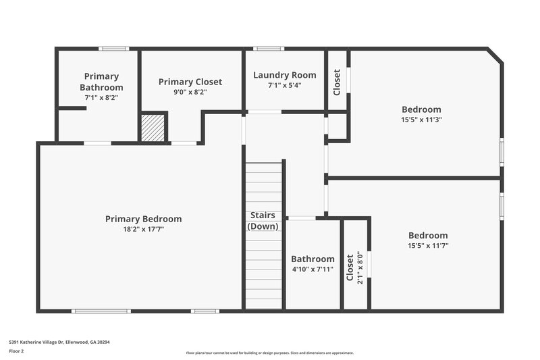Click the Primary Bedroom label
click(x=143, y=219)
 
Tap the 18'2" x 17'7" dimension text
click(x=143, y=229)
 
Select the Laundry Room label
click(x=284, y=75)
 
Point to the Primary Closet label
click(x=190, y=82)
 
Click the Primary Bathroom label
click(x=101, y=82)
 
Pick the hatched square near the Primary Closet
click(x=153, y=127)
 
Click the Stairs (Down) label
click(x=263, y=221)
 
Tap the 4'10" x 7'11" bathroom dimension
click(x=313, y=269)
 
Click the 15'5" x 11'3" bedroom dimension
click(x=421, y=120)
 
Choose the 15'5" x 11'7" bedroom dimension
click(x=428, y=246)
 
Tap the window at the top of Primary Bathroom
click(x=113, y=49)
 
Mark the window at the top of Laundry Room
click(x=269, y=49)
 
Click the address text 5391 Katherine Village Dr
click(x=59, y=342)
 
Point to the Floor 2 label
click(x=17, y=351)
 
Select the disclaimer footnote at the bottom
click(x=269, y=353)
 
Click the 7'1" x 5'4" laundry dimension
click(x=284, y=85)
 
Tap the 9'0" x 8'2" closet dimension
click(x=190, y=92)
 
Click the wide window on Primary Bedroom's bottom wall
click(x=101, y=311)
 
